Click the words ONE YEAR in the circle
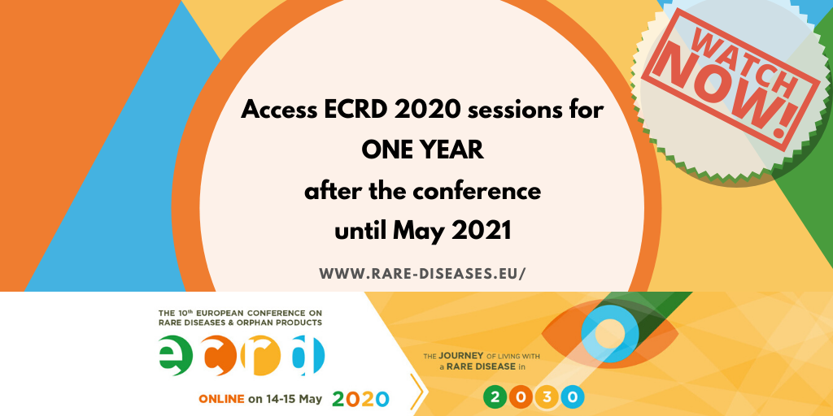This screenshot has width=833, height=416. click(x=423, y=151)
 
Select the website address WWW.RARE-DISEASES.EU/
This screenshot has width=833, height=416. click(x=422, y=273)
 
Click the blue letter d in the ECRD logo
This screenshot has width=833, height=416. click(x=308, y=356)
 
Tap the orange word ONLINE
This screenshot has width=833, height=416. click(x=221, y=399)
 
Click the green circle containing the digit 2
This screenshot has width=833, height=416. click(x=495, y=397)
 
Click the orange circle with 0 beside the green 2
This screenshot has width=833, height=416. click(x=521, y=397)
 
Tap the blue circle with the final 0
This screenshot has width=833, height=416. click(x=573, y=397)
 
